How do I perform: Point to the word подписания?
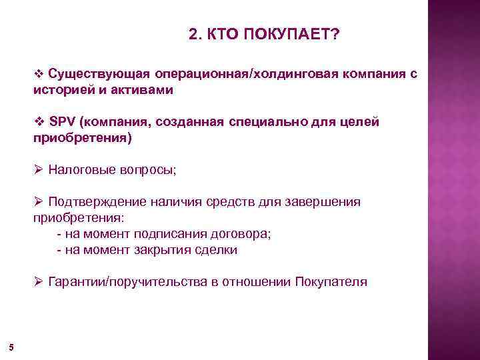(171, 235)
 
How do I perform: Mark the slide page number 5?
(11, 346)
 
